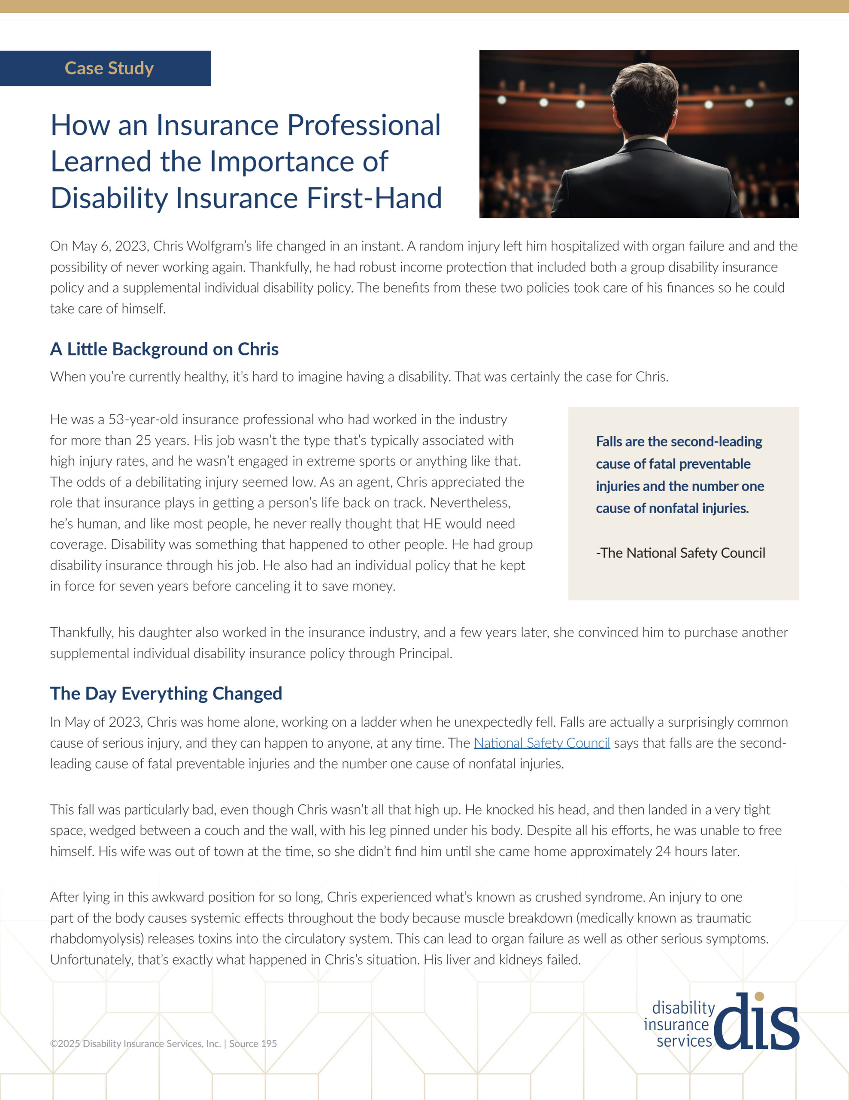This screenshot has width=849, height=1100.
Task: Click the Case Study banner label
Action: pyautogui.click(x=109, y=68)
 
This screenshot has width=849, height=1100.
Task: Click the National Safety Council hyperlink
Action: pyautogui.click(x=542, y=743)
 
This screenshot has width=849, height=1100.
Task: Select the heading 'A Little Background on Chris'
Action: pyautogui.click(x=164, y=349)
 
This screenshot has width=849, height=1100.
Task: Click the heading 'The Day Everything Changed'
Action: pyautogui.click(x=166, y=694)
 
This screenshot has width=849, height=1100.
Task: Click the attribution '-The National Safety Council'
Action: pyautogui.click(x=680, y=553)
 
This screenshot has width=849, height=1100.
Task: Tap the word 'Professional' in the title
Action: pyautogui.click(x=364, y=125)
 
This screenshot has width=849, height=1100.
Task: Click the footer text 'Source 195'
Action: pyautogui.click(x=253, y=1044)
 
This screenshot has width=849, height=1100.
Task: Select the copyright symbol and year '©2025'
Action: pyautogui.click(x=65, y=1044)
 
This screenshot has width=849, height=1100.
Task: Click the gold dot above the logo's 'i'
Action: pyautogui.click(x=759, y=996)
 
